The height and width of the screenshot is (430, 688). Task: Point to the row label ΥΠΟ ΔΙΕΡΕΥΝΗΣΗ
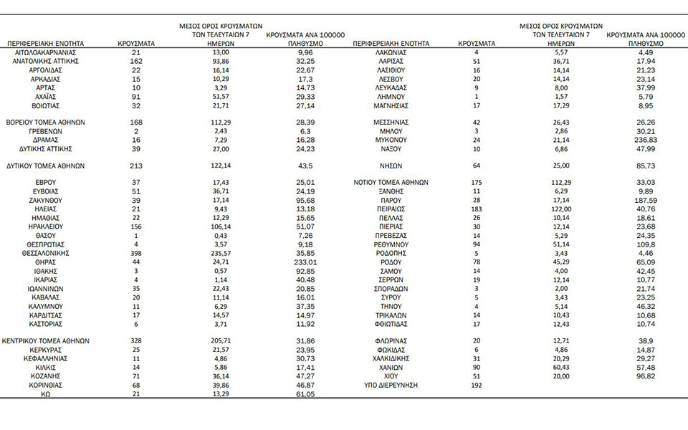(391, 385)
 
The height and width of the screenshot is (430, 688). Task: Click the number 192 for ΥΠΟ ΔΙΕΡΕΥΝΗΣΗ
(475, 385)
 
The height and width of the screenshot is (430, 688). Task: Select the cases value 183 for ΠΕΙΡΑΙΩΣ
(475, 209)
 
